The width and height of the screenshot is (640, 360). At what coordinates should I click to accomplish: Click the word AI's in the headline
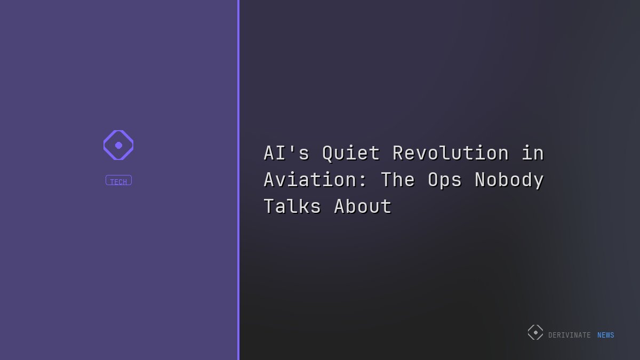tap(286, 154)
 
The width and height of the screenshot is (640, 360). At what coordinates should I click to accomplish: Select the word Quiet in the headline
tap(351, 154)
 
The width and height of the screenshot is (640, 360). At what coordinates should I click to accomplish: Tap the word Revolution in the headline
tap(451, 154)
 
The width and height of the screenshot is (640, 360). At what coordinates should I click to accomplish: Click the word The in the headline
tap(398, 180)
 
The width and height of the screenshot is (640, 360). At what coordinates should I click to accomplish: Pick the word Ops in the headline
tap(445, 180)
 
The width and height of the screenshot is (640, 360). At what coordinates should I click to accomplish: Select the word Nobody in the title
tap(509, 180)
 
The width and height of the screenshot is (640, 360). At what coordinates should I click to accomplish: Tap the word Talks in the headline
tap(292, 206)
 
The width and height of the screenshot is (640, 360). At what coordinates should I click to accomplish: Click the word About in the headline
tap(363, 206)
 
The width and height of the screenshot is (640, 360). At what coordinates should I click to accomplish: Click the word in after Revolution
tap(533, 154)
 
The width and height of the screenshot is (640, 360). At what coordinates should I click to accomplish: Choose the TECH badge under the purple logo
tap(118, 181)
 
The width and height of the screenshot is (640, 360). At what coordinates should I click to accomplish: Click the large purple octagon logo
tap(118, 145)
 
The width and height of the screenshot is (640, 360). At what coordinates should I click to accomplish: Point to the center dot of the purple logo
tap(118, 145)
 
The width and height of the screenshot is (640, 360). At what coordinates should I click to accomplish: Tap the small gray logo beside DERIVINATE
tap(535, 332)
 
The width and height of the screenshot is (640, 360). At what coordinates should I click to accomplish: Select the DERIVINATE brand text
tap(569, 335)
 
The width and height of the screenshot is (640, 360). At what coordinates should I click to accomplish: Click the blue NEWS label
tap(605, 335)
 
